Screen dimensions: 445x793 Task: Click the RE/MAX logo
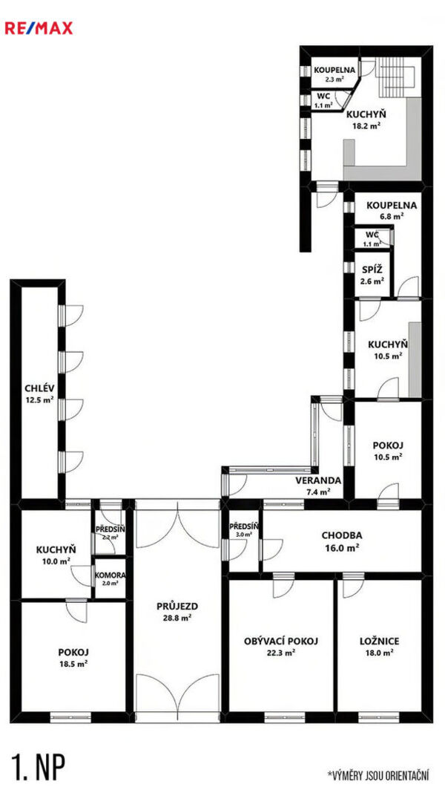[39, 27]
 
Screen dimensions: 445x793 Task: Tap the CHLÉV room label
[39, 388]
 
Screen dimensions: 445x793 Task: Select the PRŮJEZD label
[177, 606]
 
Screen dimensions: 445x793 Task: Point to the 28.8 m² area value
[177, 618]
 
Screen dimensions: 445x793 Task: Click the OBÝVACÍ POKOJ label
[281, 642]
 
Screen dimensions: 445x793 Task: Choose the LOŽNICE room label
[379, 642]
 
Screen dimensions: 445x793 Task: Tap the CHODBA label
[342, 535]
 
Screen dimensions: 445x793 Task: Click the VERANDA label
[318, 480]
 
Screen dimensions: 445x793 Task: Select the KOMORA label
[110, 575]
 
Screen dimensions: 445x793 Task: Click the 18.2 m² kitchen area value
[366, 126]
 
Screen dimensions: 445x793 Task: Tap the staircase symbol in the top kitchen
[398, 77]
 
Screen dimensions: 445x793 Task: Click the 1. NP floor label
[38, 768]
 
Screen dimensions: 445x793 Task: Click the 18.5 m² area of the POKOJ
[73, 664]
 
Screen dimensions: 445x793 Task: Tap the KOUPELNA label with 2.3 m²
[334, 71]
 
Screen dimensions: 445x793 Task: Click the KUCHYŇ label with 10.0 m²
[56, 549]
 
